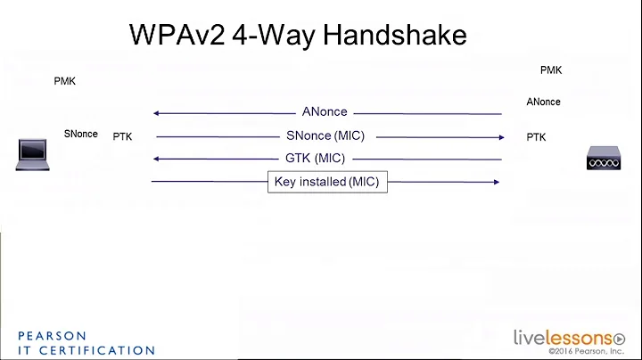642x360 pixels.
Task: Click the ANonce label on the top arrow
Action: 325,112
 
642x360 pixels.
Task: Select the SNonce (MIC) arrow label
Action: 325,136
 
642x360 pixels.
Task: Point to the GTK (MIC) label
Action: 315,159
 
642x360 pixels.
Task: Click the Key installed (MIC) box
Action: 327,182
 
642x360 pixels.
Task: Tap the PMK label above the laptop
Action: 65,81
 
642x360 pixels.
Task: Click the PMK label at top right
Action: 551,70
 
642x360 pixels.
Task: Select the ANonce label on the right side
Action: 543,102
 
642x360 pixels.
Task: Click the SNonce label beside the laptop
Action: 80,135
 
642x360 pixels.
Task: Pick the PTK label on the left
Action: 122,137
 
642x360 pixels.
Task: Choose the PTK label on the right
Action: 536,137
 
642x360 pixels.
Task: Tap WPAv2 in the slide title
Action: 174,35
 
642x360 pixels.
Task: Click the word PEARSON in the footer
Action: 53,336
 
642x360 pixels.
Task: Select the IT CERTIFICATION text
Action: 86,350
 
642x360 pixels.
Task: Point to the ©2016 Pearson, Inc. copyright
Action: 587,351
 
